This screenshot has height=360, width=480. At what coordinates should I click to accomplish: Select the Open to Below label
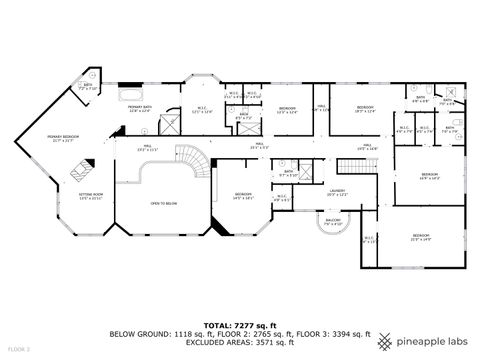tap(163, 203)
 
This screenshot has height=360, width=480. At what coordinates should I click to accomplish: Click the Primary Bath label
tap(139, 107)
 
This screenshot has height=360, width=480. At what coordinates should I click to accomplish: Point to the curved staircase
tap(198, 159)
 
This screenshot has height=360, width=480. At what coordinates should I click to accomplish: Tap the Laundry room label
tap(338, 192)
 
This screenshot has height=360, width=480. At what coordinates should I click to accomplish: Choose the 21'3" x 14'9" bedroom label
tap(420, 237)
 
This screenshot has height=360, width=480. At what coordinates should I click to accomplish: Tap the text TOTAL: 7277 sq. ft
tap(240, 325)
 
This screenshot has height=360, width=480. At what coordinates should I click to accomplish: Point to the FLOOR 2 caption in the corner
tap(19, 350)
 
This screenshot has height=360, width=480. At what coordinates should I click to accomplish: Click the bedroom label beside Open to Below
tap(243, 195)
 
